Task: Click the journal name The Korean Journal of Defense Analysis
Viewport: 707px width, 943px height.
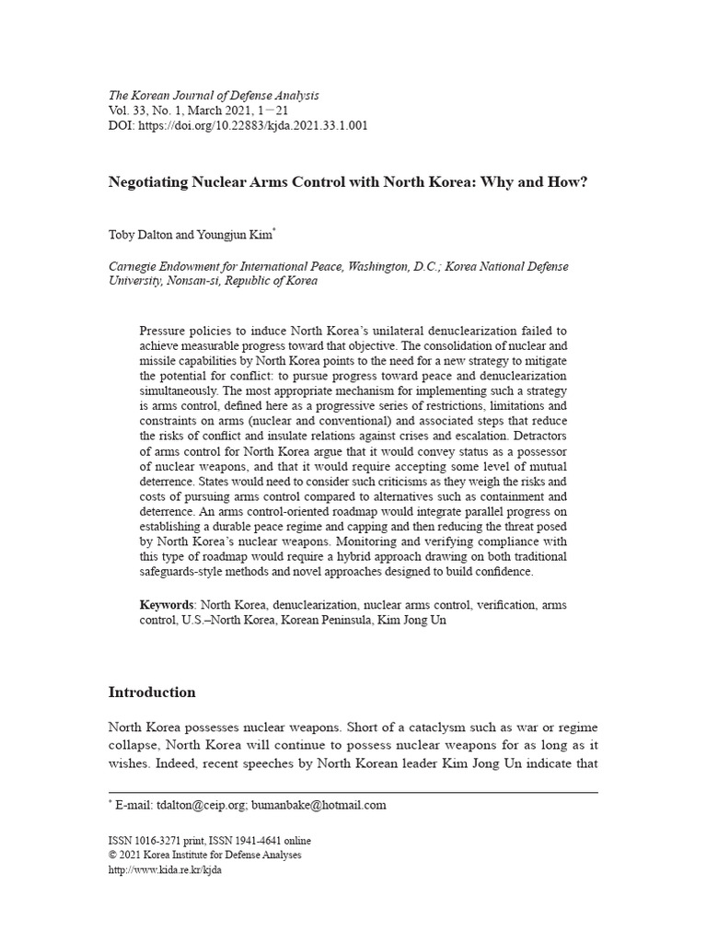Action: coord(214,95)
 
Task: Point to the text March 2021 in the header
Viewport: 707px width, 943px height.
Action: coord(232,111)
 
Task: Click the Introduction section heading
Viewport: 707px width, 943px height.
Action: coord(152,692)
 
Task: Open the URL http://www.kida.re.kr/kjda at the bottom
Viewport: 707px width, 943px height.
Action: coord(165,869)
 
